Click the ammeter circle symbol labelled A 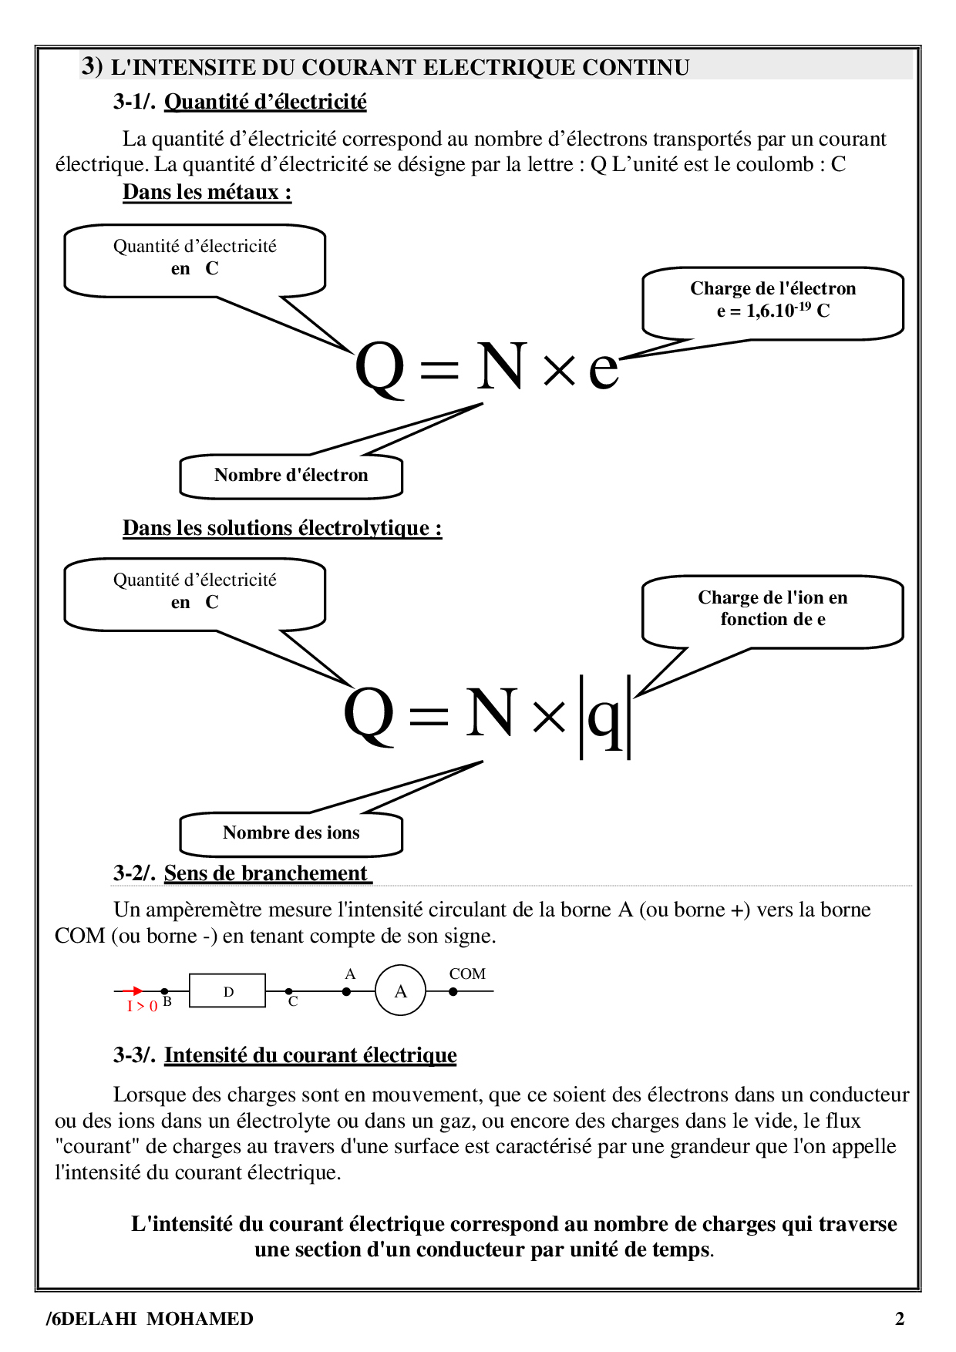pyautogui.click(x=400, y=990)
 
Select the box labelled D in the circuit pyautogui.click(x=227, y=990)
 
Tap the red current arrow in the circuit pyautogui.click(x=133, y=990)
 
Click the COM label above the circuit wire pyautogui.click(x=467, y=974)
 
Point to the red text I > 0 pyautogui.click(x=142, y=1006)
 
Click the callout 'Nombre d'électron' pyautogui.click(x=291, y=476)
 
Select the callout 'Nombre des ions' pyautogui.click(x=291, y=833)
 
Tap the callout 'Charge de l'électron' pyautogui.click(x=773, y=300)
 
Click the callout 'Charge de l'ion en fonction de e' pyautogui.click(x=773, y=609)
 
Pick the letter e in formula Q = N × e pyautogui.click(x=603, y=368)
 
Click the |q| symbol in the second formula pyautogui.click(x=605, y=717)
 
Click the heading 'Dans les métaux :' pyautogui.click(x=207, y=192)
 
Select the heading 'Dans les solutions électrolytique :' pyautogui.click(x=282, y=528)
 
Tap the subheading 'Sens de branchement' pyautogui.click(x=266, y=873)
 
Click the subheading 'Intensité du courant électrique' pyautogui.click(x=310, y=1055)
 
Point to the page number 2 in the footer pyautogui.click(x=899, y=1319)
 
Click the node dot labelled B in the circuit pyautogui.click(x=164, y=991)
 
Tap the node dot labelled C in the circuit pyautogui.click(x=289, y=991)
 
